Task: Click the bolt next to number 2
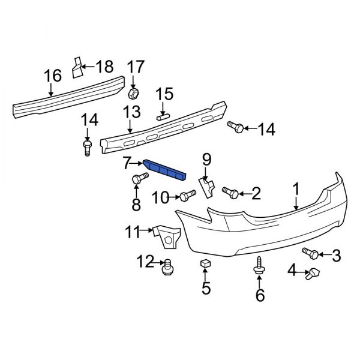pyautogui.click(x=230, y=192)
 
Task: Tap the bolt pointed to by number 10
pyautogui.click(x=187, y=195)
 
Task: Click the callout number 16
pyautogui.click(x=52, y=76)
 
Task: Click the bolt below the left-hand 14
pyautogui.click(x=88, y=146)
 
